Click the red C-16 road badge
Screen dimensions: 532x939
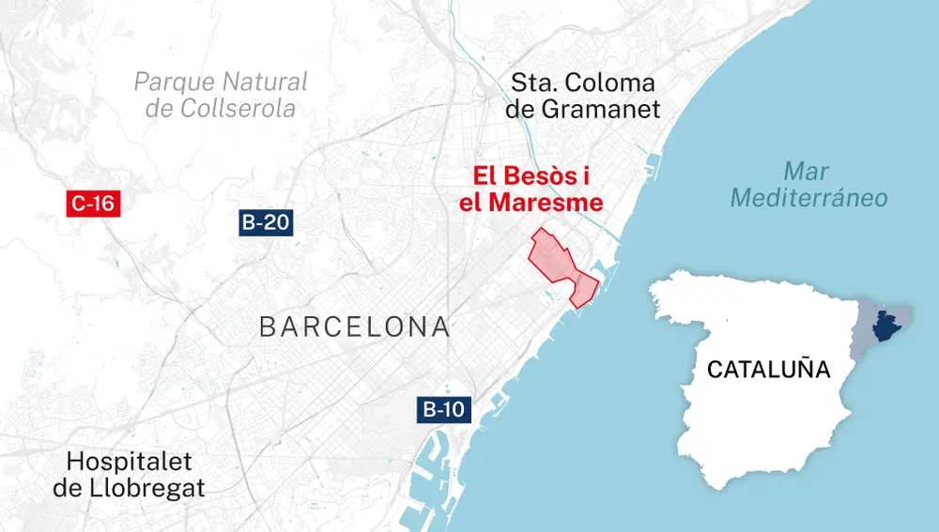(93, 203)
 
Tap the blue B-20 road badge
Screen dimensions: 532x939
(265, 223)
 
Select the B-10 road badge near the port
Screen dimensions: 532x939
(442, 409)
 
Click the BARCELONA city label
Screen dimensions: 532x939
(353, 327)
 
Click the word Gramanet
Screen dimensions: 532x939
(601, 109)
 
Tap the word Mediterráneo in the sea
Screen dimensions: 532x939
(808, 198)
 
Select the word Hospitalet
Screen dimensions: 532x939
(130, 461)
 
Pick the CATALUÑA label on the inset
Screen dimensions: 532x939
(768, 369)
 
